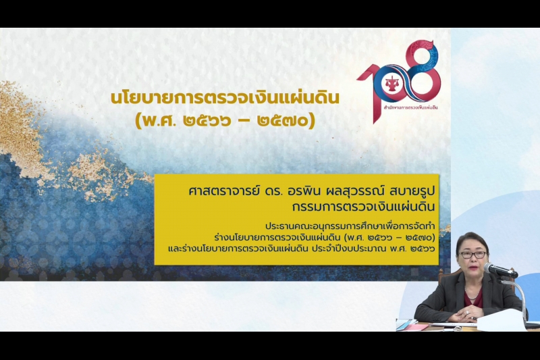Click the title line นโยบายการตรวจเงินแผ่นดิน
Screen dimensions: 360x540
pyautogui.click(x=225, y=98)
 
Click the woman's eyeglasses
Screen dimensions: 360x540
pyautogui.click(x=473, y=255)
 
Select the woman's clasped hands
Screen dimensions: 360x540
pyautogui.click(x=466, y=312)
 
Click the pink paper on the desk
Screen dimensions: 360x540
pyautogui.click(x=416, y=327)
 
